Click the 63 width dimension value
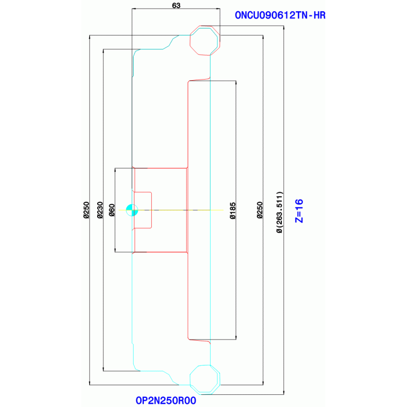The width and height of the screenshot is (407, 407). pos(176,5)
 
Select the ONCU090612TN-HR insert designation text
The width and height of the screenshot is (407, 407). pos(280,15)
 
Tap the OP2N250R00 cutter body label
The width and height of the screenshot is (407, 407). pos(166,401)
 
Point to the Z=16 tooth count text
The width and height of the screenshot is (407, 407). pos(299,211)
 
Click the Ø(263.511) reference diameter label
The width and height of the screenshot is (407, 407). pos(280,212)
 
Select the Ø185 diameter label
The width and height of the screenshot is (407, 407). pos(233,211)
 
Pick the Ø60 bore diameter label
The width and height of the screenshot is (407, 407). pos(111,210)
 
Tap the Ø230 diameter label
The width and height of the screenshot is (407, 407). pos(100,210)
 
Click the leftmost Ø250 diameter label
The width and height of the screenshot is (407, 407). pos(86,210)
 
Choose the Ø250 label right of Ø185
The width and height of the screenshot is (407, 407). pos(260,210)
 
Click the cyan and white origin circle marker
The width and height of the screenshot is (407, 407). pos(132,210)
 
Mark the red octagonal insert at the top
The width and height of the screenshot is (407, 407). pos(205,40)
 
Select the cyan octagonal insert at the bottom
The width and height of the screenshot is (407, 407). pos(205,380)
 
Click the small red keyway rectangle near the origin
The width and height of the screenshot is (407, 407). pos(143,210)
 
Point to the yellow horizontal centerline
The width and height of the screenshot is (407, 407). pos(171,210)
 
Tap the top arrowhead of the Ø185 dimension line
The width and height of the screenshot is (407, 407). pos(236,83)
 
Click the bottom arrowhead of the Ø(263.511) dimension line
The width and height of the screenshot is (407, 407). pos(284,393)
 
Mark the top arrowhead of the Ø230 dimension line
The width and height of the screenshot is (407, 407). pos(103,51)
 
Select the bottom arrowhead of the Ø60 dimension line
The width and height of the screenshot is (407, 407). pos(115,250)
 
